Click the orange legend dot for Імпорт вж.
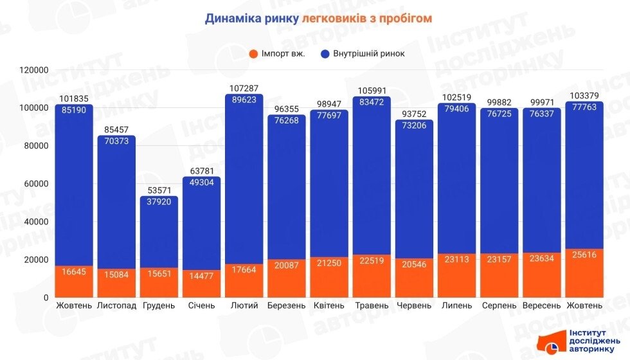[253, 53]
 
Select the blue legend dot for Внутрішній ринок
[325, 53]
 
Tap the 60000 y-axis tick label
[36, 184]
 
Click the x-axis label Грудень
[159, 305]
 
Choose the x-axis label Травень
[371, 305]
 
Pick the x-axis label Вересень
[541, 305]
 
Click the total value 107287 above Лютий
[244, 88]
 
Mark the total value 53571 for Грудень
[159, 190]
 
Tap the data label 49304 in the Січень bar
[201, 182]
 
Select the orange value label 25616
[584, 255]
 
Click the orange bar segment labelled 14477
[201, 283]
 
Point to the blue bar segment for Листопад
[116, 199]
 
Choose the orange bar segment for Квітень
[328, 276]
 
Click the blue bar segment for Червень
[414, 193]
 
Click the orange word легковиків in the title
[332, 18]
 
